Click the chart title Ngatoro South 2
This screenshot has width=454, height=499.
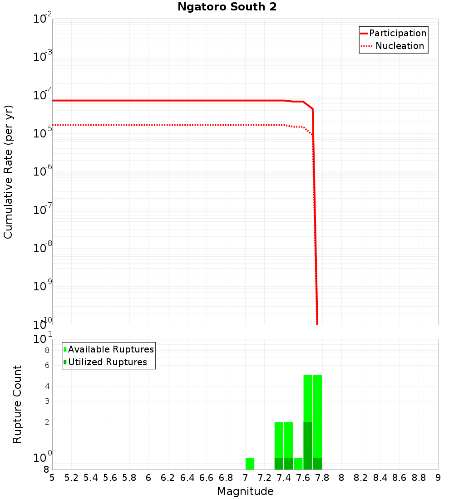click(227, 7)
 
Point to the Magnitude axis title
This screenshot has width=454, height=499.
click(245, 491)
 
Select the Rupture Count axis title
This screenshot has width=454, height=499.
click(17, 404)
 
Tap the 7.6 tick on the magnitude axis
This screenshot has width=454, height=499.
click(303, 478)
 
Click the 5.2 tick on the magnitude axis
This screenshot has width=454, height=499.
click(71, 478)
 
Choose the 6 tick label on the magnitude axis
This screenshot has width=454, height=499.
click(148, 478)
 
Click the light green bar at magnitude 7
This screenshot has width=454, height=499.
click(250, 464)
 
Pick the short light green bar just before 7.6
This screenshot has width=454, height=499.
click(298, 464)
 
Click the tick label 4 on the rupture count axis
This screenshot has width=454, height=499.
click(47, 386)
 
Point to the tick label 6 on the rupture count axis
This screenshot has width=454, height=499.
click(47, 365)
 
